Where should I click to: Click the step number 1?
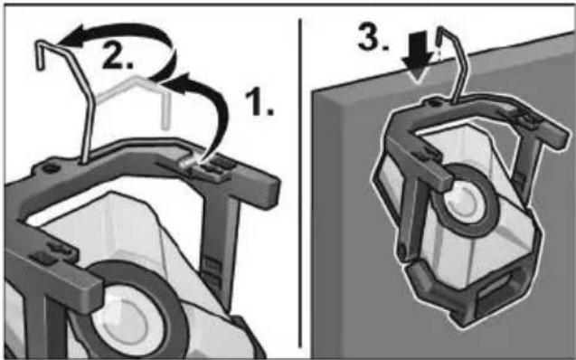[260, 102]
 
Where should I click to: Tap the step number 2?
[117, 57]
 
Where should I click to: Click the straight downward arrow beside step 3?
[417, 55]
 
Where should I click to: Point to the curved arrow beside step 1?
[217, 110]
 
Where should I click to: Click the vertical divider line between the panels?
[300, 183]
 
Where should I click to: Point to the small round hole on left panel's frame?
[51, 168]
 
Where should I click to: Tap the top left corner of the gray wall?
[313, 90]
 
